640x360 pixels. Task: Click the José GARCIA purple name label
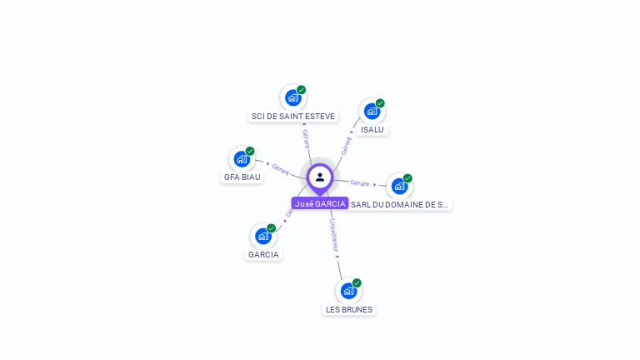(320, 203)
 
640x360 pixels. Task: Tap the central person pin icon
(320, 177)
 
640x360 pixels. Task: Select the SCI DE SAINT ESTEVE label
(293, 116)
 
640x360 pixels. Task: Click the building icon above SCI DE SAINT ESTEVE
(292, 98)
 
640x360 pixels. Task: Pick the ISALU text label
(372, 129)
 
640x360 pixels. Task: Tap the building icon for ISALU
(372, 111)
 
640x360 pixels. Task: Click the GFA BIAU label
(242, 177)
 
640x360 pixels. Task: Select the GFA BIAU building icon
(242, 158)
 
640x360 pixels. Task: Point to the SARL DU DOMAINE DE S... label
(400, 204)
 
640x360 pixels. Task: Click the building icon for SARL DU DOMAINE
(399, 186)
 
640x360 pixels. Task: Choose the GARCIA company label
(263, 254)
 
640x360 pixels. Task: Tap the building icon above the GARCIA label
(263, 236)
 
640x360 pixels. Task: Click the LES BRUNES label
(348, 309)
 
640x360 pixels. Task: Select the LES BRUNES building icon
(348, 291)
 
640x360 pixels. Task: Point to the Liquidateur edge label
(334, 236)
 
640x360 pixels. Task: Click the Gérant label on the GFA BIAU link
(280, 169)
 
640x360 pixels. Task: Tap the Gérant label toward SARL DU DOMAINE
(360, 182)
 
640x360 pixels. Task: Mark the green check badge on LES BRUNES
(357, 283)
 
